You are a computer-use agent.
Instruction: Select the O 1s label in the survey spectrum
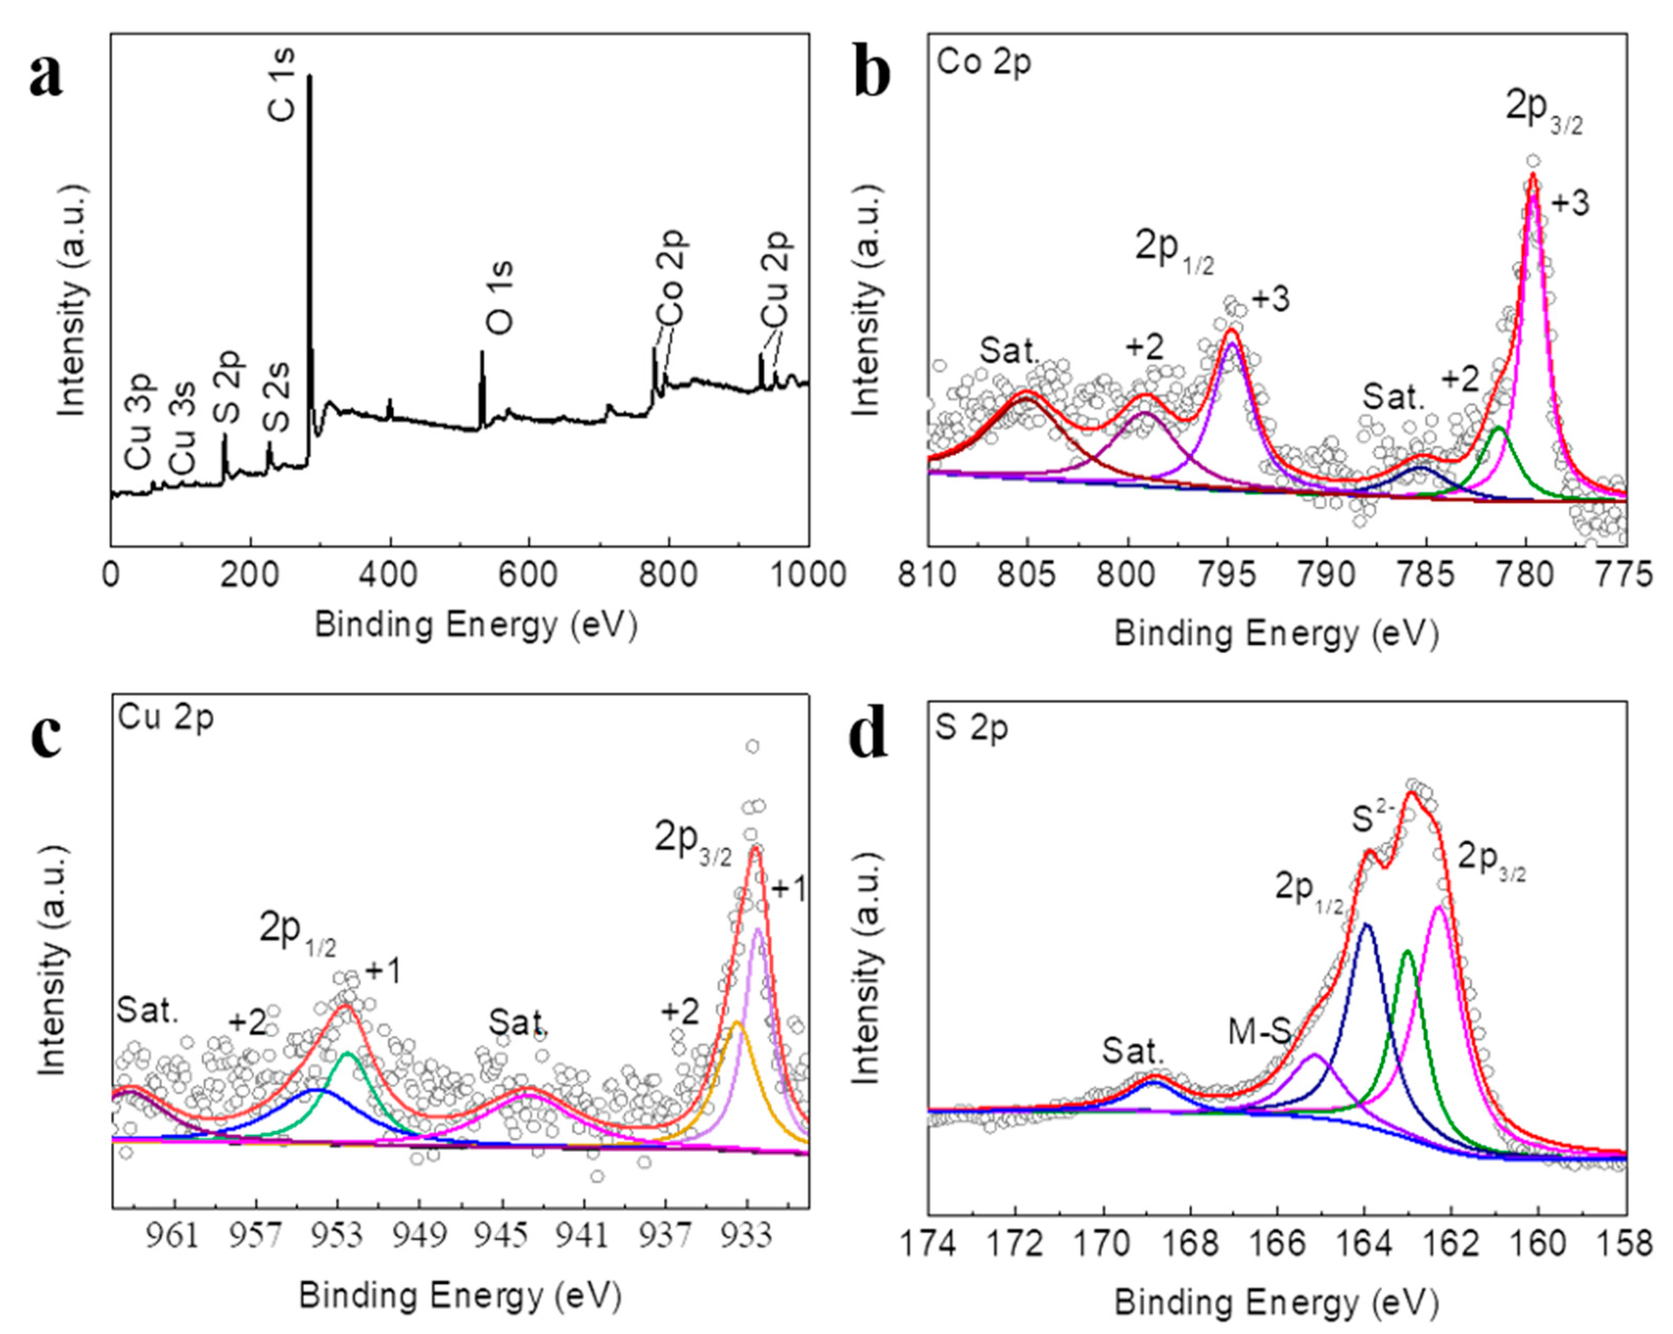coord(501,297)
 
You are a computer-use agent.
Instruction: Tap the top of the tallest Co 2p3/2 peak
coord(1532,175)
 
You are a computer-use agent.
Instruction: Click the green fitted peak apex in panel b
coord(1498,428)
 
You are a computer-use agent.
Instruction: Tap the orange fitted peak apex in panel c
coord(737,1023)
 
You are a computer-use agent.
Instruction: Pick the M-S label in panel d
coord(1260,1032)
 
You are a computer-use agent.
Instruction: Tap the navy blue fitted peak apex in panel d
coord(1366,925)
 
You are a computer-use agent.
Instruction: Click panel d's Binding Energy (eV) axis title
coord(1277,1304)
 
